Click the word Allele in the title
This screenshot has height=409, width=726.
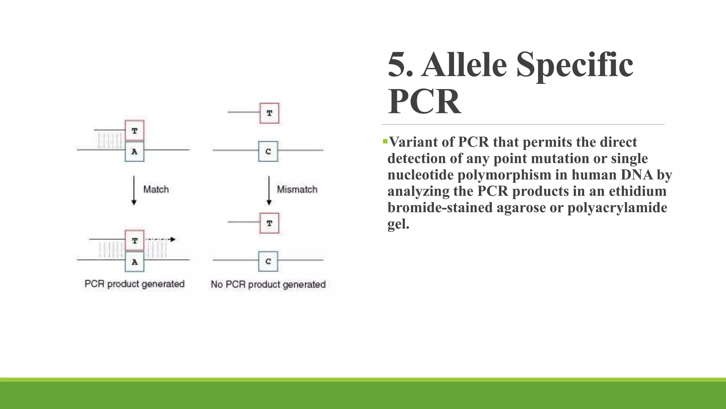pos(464,65)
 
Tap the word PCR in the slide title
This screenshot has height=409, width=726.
pos(424,102)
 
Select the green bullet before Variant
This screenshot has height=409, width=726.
pos(385,142)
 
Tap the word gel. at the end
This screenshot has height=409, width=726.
pos(398,224)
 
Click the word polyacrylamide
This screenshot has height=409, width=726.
pos(617,207)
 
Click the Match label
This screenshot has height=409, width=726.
pos(156,189)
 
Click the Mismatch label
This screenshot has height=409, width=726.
pos(297,189)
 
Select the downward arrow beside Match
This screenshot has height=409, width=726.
pos(134,190)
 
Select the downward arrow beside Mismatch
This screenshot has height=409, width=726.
pos(269,190)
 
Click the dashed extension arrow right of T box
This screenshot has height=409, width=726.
pos(161,239)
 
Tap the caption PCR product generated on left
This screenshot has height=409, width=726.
pos(134,284)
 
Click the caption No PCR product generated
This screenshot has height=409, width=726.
pos(268,284)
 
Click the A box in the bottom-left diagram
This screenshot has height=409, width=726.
pos(134,262)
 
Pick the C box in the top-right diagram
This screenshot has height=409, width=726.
pos(268,152)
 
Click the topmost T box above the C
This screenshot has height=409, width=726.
pos(269,113)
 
